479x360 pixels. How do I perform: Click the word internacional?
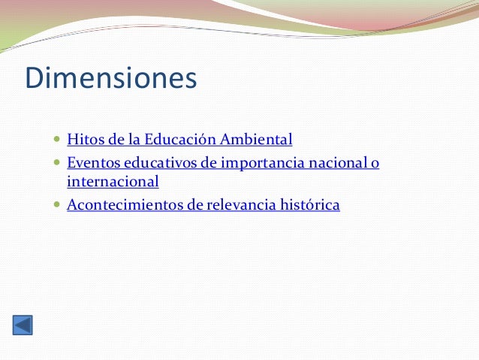click(113, 181)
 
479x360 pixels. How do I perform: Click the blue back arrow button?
click(23, 325)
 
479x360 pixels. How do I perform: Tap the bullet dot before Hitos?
click(59, 140)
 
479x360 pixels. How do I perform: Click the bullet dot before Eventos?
click(59, 162)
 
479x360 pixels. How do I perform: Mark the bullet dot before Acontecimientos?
click(59, 204)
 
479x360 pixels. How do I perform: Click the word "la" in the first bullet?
click(134, 139)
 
